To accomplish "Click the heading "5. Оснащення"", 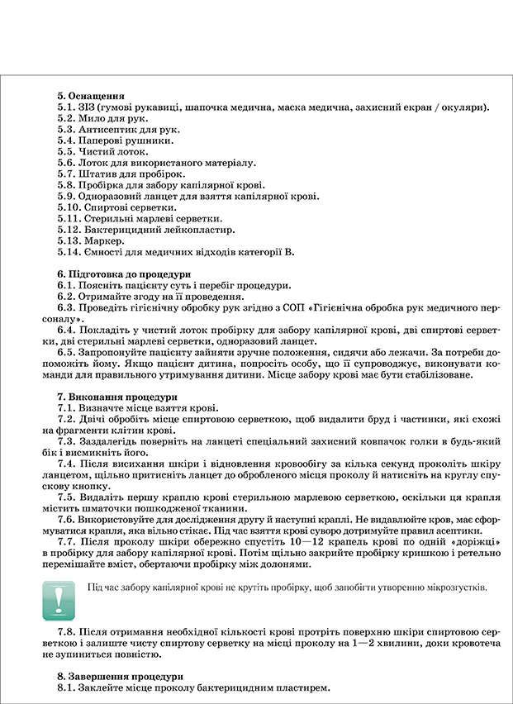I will pos(91,95).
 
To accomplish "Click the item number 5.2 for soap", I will pos(66,118).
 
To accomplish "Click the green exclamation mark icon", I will pos(59,600).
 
